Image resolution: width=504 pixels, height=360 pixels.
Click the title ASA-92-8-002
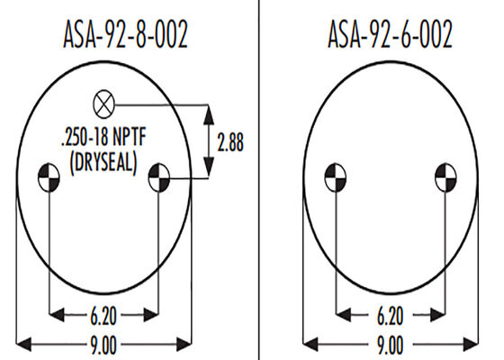tap(125, 34)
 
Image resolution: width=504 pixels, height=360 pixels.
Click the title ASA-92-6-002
tap(390, 34)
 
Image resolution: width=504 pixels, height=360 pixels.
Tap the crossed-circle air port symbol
tap(103, 104)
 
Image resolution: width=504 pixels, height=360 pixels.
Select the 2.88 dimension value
tap(230, 142)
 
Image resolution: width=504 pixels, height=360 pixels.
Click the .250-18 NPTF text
tap(103, 137)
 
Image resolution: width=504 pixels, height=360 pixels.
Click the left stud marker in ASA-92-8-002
tap(49, 177)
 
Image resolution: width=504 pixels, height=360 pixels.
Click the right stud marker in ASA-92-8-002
tap(158, 177)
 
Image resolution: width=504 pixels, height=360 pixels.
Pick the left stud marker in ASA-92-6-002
tap(335, 177)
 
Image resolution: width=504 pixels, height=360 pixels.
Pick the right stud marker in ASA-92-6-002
tap(445, 177)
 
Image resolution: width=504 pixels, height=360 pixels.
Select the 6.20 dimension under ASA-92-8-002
tap(103, 316)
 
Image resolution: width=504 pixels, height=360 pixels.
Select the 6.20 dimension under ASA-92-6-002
tap(390, 316)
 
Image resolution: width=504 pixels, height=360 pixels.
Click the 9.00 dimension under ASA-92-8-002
tap(103, 346)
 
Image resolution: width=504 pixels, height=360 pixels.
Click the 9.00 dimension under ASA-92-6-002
tap(390, 346)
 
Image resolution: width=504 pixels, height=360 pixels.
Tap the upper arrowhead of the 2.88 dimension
tap(209, 115)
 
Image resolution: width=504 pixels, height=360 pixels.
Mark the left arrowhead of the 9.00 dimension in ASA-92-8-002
tap(23, 345)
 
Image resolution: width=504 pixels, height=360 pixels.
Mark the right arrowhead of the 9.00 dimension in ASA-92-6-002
tap(471, 345)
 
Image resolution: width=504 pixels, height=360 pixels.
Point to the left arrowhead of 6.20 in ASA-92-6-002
tap(343, 315)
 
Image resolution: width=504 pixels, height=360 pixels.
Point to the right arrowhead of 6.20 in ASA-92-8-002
tap(151, 315)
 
